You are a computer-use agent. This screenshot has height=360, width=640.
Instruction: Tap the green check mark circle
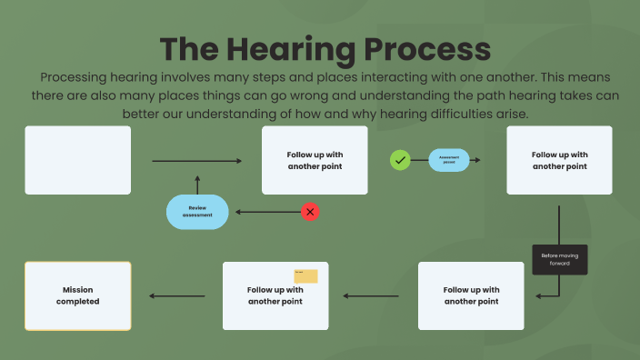pyautogui.click(x=399, y=160)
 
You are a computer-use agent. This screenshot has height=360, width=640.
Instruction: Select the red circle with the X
pyautogui.click(x=310, y=212)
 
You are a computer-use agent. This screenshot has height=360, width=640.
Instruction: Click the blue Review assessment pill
pyautogui.click(x=196, y=212)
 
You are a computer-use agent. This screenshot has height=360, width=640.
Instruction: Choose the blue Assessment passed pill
pyautogui.click(x=449, y=160)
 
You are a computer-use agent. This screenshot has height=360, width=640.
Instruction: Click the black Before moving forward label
pyautogui.click(x=559, y=259)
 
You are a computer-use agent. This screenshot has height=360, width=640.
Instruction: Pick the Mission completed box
pyautogui.click(x=78, y=295)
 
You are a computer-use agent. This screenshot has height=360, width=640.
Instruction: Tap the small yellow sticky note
pyautogui.click(x=305, y=275)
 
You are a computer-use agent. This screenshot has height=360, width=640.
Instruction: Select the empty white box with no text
pyautogui.click(x=78, y=160)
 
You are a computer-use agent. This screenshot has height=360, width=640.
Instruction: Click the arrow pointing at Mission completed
pyautogui.click(x=177, y=295)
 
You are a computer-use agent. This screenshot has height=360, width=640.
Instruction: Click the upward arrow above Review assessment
pyautogui.click(x=196, y=183)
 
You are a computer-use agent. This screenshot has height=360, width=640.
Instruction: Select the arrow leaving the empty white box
pyautogui.click(x=197, y=161)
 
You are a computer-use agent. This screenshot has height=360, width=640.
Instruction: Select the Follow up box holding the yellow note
pyautogui.click(x=275, y=295)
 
